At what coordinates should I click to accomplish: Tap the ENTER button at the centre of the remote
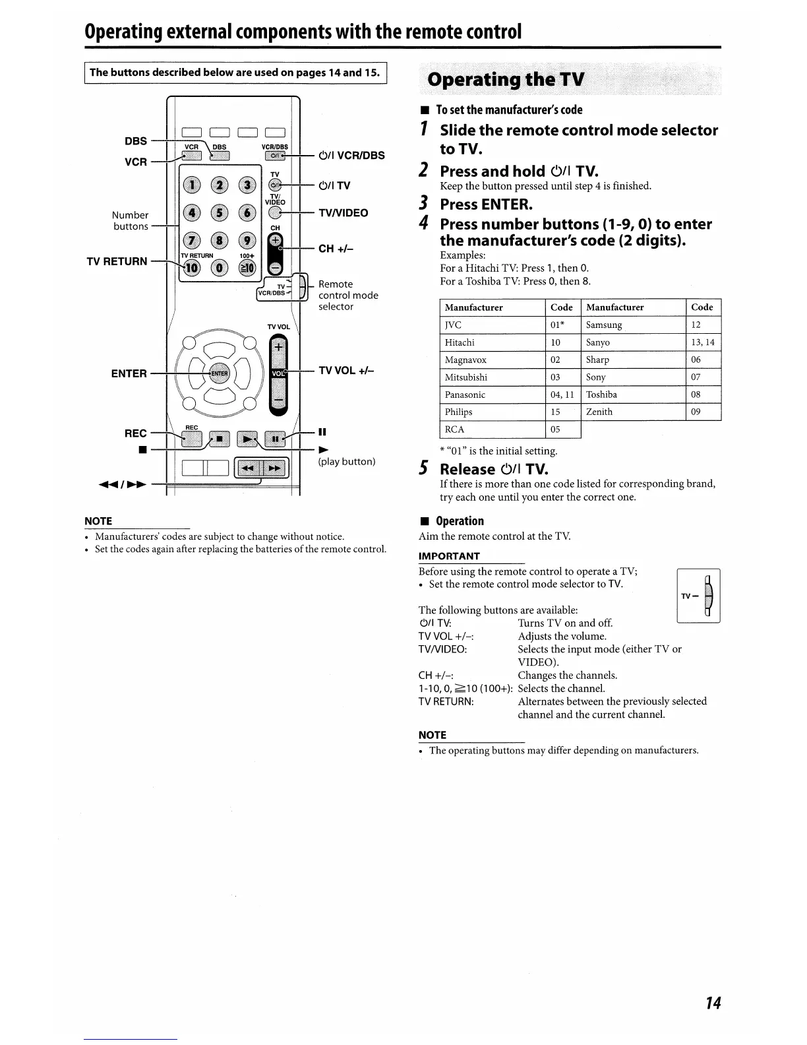click(x=219, y=373)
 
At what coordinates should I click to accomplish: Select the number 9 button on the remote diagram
click(x=247, y=241)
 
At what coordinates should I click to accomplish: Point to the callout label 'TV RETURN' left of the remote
click(x=117, y=261)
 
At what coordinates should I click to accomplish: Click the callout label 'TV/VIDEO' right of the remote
click(x=343, y=213)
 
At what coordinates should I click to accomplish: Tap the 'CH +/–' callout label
click(x=336, y=249)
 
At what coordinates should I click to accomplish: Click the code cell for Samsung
click(x=703, y=325)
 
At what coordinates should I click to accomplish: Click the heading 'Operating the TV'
click(x=506, y=80)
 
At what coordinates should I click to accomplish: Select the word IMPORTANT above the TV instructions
click(x=449, y=556)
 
